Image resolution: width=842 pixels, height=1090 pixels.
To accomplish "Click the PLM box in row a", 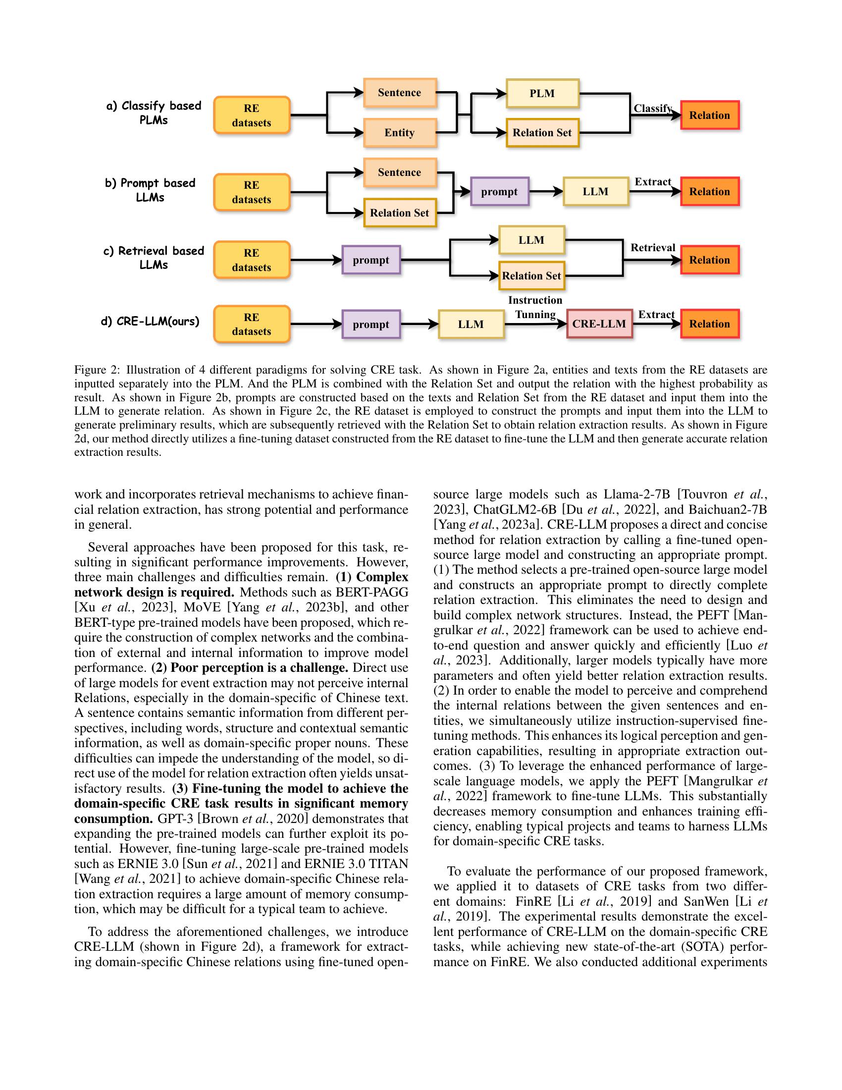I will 542,93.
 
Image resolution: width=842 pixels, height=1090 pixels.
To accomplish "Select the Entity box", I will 400,133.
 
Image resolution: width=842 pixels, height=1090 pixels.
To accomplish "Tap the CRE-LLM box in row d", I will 599,324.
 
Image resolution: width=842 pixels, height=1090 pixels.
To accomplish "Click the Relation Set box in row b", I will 400,213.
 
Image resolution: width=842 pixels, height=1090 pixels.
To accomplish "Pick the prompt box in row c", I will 370,260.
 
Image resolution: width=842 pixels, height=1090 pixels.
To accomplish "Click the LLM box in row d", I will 471,325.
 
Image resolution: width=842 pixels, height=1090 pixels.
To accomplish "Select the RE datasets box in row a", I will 252,115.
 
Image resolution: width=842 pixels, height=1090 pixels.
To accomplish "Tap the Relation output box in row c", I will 709,260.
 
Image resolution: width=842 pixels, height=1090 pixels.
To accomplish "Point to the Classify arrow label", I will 652,109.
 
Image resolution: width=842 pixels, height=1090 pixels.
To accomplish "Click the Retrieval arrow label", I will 652,248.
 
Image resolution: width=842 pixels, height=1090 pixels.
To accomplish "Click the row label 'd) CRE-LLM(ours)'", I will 150,322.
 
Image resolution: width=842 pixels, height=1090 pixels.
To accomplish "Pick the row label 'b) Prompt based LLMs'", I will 150,190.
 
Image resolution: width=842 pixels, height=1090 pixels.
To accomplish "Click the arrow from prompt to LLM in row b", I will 546,192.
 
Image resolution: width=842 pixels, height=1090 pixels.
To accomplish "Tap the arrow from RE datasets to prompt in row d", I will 316,325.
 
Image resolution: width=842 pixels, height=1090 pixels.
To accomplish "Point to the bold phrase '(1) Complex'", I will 371,577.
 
